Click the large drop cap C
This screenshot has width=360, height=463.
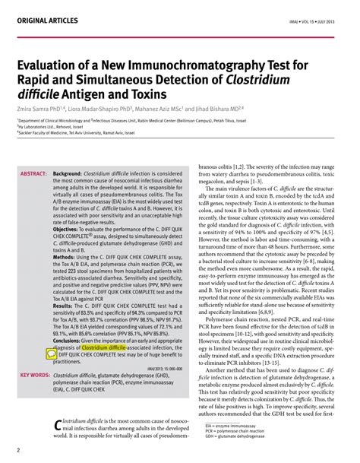click(x=60, y=427)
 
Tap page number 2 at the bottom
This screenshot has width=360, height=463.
click(x=17, y=452)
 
